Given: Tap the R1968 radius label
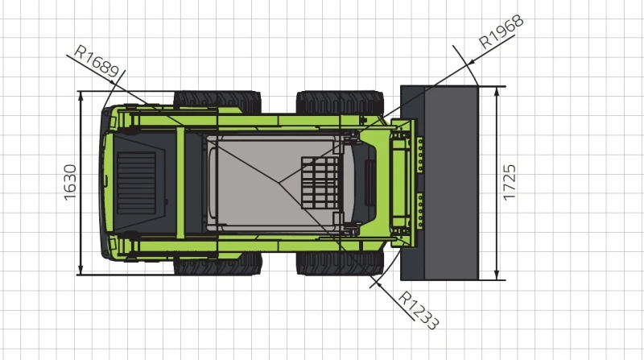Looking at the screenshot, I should (x=501, y=31).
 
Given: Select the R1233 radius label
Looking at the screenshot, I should (x=419, y=309).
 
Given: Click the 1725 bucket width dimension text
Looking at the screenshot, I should (x=509, y=182).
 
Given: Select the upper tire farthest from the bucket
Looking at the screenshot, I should (x=217, y=101).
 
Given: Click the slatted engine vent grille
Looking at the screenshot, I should (x=138, y=180).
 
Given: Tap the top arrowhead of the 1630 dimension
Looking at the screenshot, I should (x=81, y=94).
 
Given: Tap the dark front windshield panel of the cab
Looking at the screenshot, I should (x=369, y=183).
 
